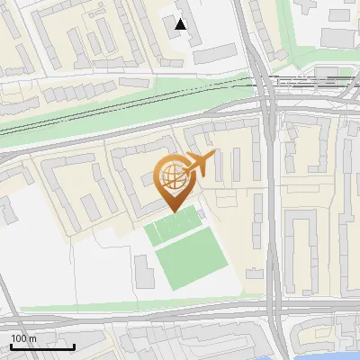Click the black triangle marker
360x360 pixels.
pos(181,24)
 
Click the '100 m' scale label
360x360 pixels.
pos(23,338)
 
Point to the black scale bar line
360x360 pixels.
pos(41,346)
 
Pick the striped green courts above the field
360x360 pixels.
pos(171,227)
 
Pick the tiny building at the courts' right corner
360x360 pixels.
pos(201,214)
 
